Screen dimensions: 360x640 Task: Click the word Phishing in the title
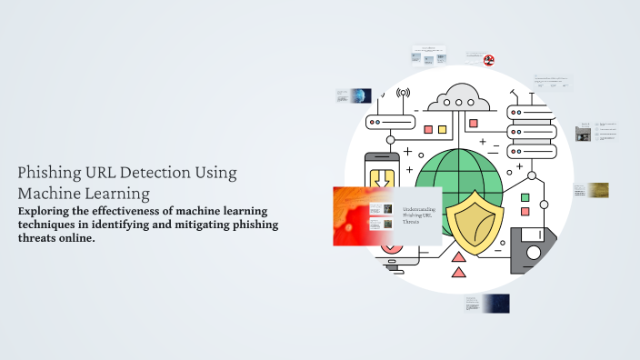coord(49,173)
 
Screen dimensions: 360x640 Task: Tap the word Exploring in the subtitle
coord(46,211)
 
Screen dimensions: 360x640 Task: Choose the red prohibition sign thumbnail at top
coord(489,60)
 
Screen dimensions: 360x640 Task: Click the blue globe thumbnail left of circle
coord(362,95)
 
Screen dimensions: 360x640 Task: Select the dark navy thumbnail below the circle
coord(495,303)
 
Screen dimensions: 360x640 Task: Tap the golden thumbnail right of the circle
coord(597,190)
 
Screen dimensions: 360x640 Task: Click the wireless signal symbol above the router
coord(403,93)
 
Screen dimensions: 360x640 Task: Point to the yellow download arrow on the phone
coord(383,175)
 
